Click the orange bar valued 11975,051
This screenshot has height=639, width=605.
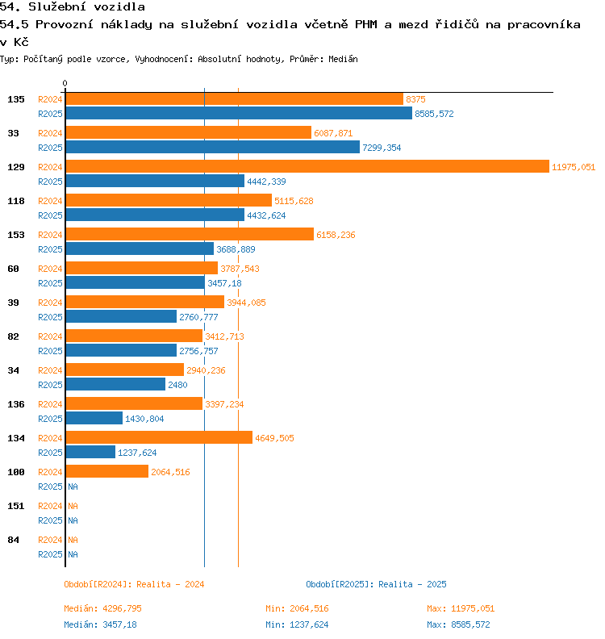pos(307,166)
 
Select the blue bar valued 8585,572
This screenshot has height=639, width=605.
pos(238,114)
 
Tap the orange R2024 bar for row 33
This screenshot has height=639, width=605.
pos(188,132)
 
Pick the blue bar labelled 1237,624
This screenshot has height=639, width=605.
pos(90,453)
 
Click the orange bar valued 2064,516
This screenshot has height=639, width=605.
pos(106,471)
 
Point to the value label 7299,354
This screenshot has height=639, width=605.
pos(382,148)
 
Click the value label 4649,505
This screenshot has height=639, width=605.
pos(274,438)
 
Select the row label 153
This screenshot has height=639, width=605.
pos(16,235)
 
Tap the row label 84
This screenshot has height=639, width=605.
pos(13,540)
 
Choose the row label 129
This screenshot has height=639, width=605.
pos(16,167)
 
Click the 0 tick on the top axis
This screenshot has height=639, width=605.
pos(65,83)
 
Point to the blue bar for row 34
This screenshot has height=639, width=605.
pos(115,385)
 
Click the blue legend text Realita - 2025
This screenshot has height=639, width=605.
pos(412,584)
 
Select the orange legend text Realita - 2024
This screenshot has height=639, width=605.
pos(170,584)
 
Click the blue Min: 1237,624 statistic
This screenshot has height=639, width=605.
pos(297,624)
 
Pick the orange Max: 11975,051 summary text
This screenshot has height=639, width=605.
pos(461,608)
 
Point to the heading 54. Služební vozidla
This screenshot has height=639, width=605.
pos(73,7)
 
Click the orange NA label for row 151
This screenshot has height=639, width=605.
pos(73,506)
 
